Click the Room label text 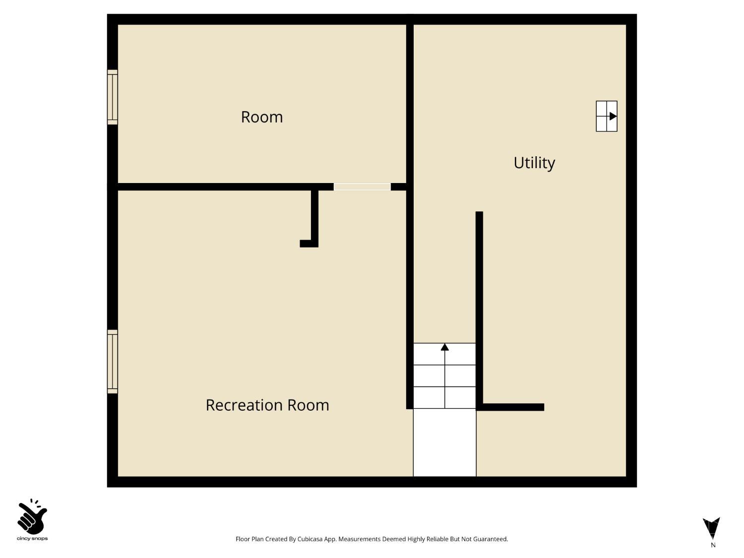tap(262, 117)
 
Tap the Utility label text tap(534, 163)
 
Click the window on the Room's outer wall tap(113, 97)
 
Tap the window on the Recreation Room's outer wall tap(113, 362)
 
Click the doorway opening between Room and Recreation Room tap(362, 187)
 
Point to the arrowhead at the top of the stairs tap(445, 347)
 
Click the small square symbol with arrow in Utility tap(607, 116)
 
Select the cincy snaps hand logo tap(32, 517)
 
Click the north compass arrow tap(711, 528)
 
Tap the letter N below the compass tap(713, 545)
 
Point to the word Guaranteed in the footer tap(491, 539)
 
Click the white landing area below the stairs tap(445, 442)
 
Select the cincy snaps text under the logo tap(32, 539)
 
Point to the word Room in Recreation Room tap(309, 405)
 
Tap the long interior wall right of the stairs tap(479, 308)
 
